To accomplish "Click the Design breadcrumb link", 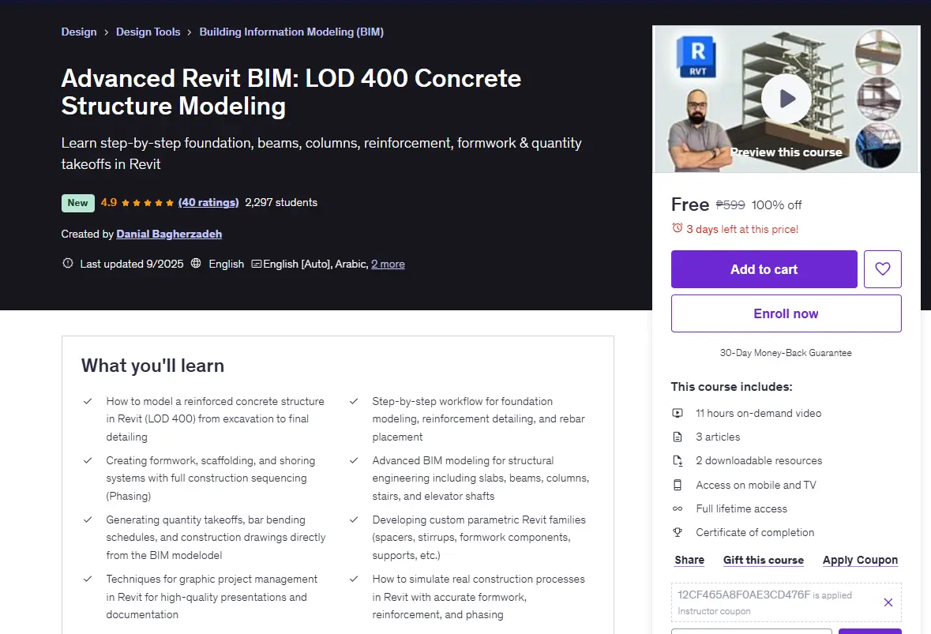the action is [79, 32].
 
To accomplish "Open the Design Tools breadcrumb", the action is [148, 32].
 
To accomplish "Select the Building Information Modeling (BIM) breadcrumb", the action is [291, 32].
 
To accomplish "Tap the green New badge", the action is [78, 203].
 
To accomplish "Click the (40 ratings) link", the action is [208, 202].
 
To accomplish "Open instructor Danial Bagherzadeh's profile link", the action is [169, 234].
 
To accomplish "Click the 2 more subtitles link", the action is [388, 264].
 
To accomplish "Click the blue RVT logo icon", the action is [697, 57].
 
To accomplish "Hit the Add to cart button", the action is [764, 269].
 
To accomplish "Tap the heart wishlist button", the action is [882, 269].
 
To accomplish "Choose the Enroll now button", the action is [786, 313].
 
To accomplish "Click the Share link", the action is [689, 560].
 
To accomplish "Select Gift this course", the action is [764, 560].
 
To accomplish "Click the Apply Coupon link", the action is [861, 560].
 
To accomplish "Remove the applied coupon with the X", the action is [888, 602].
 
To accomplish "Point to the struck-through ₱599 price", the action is [730, 204].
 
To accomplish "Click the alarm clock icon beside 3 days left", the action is [677, 228].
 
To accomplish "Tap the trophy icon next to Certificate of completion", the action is [678, 532].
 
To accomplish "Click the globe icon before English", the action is [196, 263].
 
